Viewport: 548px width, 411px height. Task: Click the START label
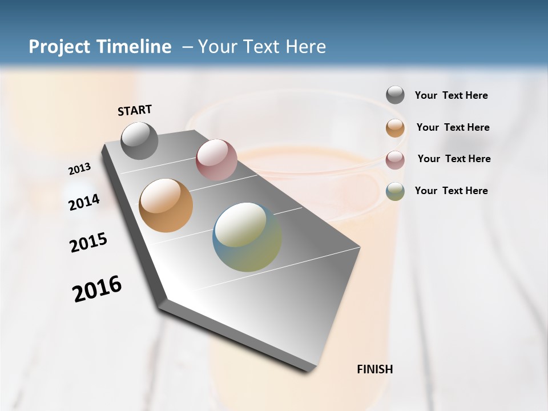[x=135, y=110]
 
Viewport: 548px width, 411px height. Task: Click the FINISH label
[x=374, y=369]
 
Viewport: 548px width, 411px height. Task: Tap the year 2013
[x=80, y=168]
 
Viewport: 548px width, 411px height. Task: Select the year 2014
[x=84, y=202]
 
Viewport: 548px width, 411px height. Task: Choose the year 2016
[x=97, y=288]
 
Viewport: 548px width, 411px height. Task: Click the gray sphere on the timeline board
[x=140, y=141]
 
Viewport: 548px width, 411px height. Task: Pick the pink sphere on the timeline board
[x=216, y=160]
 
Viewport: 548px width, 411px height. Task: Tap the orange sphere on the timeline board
[x=166, y=205]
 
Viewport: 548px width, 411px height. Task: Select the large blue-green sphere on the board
[x=247, y=237]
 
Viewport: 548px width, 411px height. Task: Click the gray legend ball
[x=395, y=95]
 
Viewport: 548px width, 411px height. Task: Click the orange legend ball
[x=395, y=128]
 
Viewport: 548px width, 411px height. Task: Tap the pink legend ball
[x=395, y=160]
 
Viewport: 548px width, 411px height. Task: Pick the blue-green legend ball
[x=395, y=191]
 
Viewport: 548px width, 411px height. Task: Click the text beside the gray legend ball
[x=451, y=96]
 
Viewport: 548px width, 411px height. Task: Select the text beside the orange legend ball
[x=453, y=127]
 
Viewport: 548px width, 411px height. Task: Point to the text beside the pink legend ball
[x=454, y=159]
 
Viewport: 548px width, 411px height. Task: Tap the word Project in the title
[x=57, y=47]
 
